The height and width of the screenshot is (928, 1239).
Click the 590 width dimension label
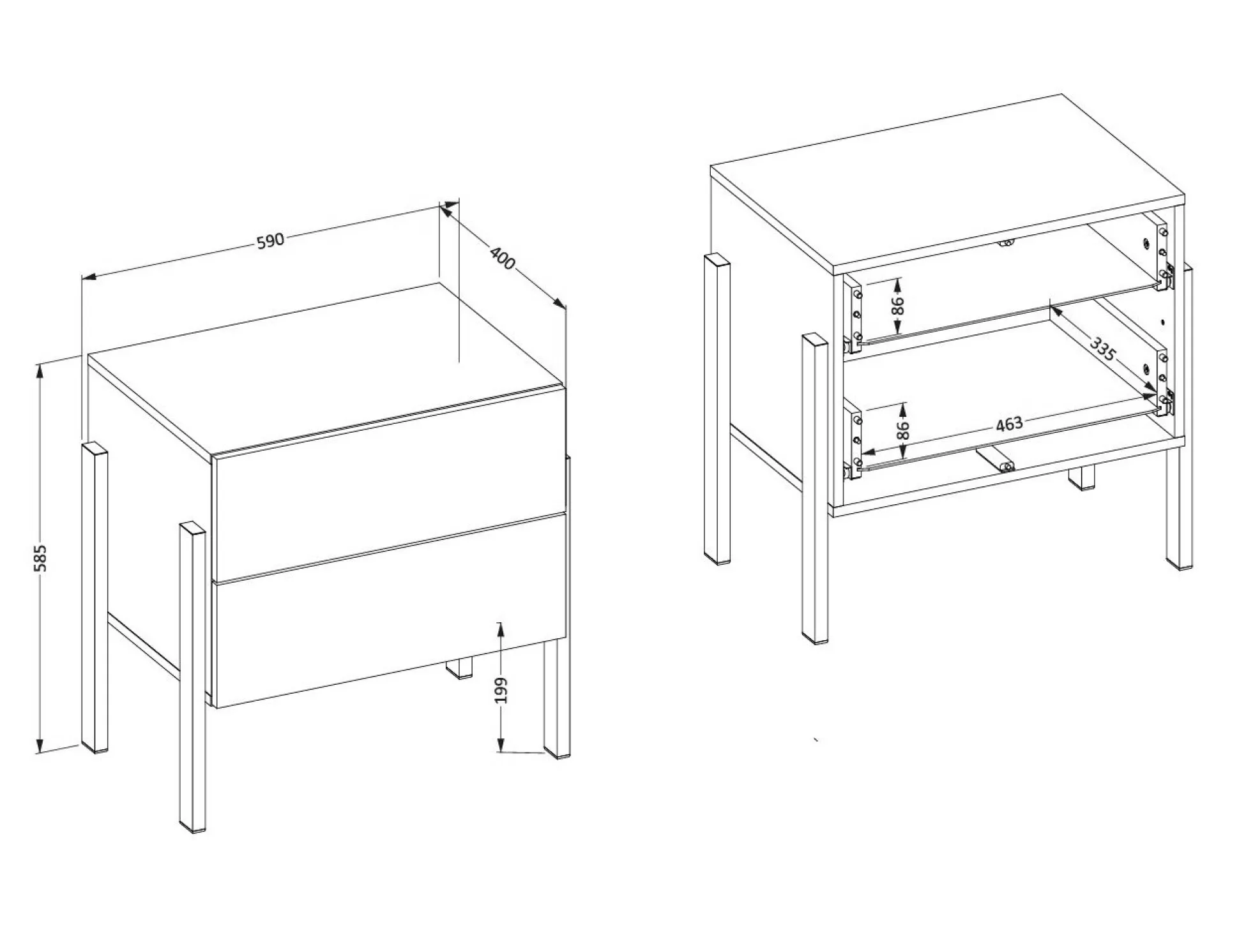(x=270, y=241)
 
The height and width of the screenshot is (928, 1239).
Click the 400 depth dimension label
(x=503, y=257)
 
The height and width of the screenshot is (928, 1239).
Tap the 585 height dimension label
(x=40, y=558)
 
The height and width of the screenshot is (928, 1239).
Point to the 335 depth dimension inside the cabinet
(x=1103, y=350)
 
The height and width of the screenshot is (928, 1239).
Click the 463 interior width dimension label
(x=1009, y=424)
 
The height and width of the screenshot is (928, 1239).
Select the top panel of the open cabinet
(x=948, y=185)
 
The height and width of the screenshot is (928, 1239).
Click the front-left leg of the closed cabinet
(x=192, y=677)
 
